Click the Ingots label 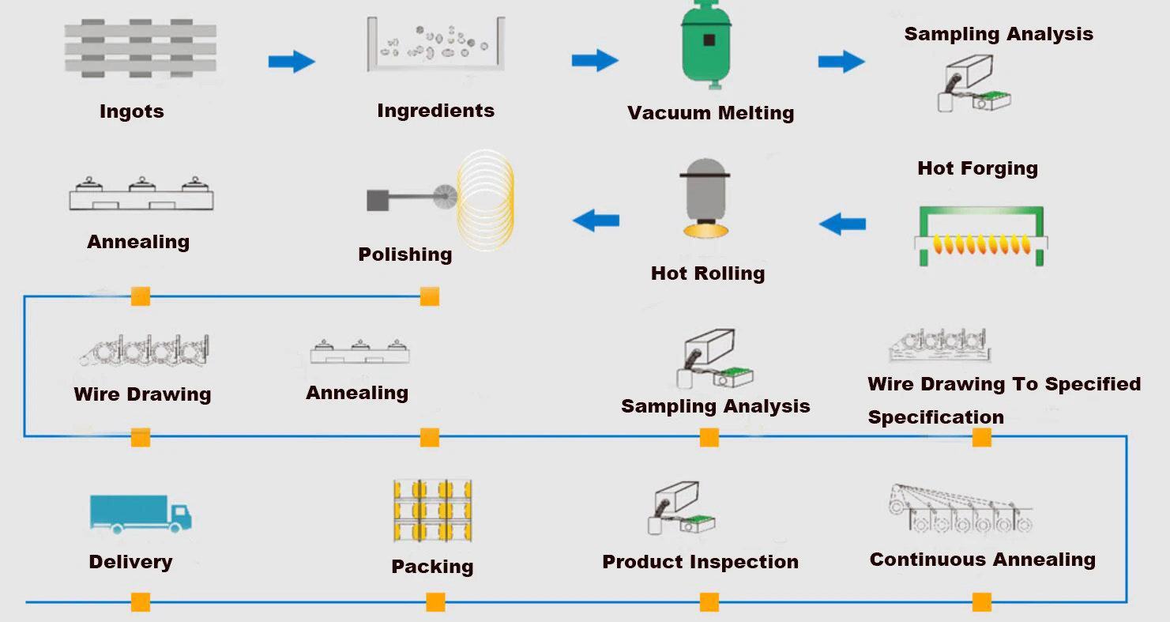tap(132, 111)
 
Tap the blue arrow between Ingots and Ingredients tap(292, 61)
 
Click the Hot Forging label tap(977, 168)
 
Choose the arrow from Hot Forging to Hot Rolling tap(842, 224)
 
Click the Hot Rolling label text tap(708, 273)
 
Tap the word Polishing tap(405, 254)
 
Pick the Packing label tap(432, 567)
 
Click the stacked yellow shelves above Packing tap(432, 511)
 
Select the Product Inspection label tap(700, 562)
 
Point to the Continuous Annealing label tap(982, 560)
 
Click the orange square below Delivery tap(141, 602)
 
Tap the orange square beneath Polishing tap(430, 296)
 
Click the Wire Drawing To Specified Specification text tap(1003, 401)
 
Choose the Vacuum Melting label tap(710, 113)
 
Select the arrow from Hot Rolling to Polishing tap(596, 221)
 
